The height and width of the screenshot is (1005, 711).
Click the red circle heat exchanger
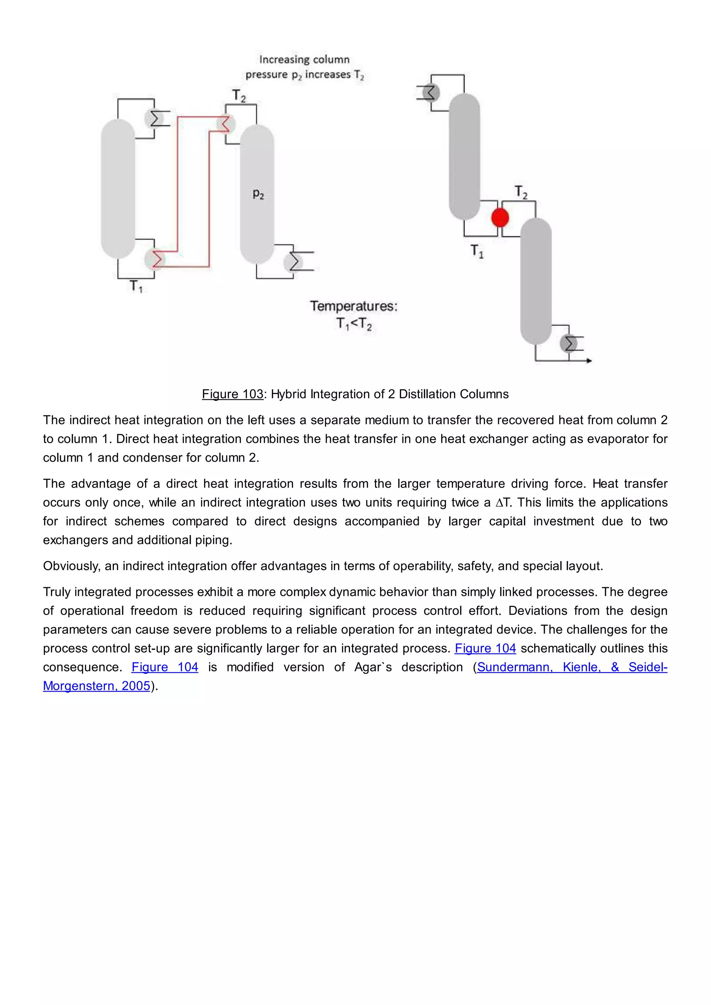point(500,218)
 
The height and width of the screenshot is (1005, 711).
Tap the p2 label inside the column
point(258,194)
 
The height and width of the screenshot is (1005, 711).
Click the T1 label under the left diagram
point(136,287)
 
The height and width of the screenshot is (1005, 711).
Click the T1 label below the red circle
point(477,251)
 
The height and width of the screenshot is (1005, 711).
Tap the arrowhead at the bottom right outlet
point(589,361)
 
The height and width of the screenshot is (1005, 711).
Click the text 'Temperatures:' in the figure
point(354,306)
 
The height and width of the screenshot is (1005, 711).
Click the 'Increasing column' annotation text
point(304,60)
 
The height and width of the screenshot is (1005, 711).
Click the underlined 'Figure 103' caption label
point(233,394)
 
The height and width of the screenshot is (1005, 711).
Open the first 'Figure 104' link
point(485,648)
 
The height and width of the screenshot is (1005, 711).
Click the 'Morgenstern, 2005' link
point(96,686)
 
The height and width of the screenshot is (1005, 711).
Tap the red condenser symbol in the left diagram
point(225,124)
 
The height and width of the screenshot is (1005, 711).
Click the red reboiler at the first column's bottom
point(154,259)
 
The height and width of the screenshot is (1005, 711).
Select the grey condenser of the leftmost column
point(154,118)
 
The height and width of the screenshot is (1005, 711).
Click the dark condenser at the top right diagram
point(431,92)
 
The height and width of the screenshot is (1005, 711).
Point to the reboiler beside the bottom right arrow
point(569,344)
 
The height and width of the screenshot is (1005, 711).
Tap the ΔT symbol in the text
point(503,502)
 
